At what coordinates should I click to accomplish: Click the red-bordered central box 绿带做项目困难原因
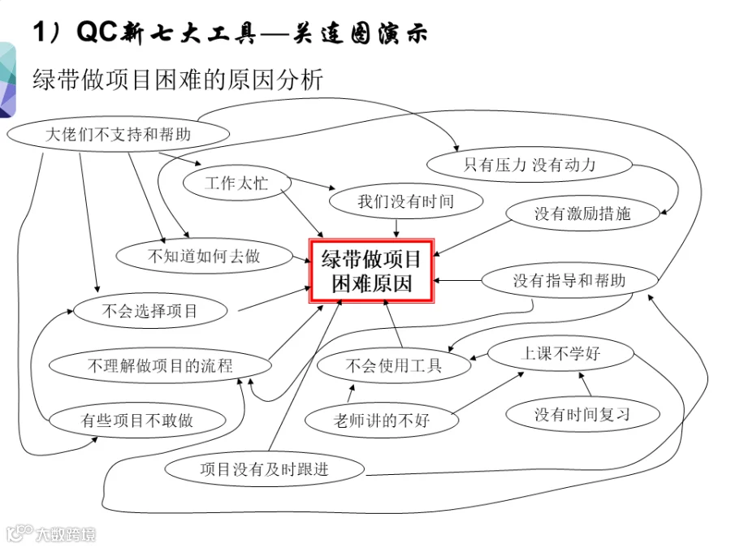[x=371, y=271]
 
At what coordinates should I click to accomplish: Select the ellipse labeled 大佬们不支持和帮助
[x=119, y=134]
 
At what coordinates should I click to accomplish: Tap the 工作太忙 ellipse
[x=237, y=183]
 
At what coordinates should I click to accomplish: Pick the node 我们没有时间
[x=405, y=201]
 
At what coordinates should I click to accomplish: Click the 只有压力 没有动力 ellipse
[x=529, y=165]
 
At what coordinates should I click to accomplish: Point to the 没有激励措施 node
[x=582, y=214]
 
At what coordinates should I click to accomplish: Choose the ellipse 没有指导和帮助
[x=569, y=281]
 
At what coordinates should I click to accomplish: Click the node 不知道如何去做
[x=204, y=256]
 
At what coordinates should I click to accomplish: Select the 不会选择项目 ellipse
[x=150, y=311]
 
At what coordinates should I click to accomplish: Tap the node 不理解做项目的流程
[x=160, y=365]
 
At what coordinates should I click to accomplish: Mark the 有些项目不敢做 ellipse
[x=137, y=421]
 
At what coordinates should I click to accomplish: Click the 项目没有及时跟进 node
[x=264, y=469]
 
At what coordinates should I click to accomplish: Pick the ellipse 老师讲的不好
[x=382, y=421]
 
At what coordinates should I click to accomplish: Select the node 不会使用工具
[x=394, y=365]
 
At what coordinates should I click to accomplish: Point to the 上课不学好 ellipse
[x=560, y=353]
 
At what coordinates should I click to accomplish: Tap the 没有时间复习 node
[x=582, y=414]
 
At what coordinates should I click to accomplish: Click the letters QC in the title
[x=97, y=32]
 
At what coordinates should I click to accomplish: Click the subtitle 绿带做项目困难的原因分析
[x=178, y=80]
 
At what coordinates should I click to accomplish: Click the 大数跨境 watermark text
[x=66, y=534]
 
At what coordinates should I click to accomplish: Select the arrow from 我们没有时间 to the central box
[x=396, y=228]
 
